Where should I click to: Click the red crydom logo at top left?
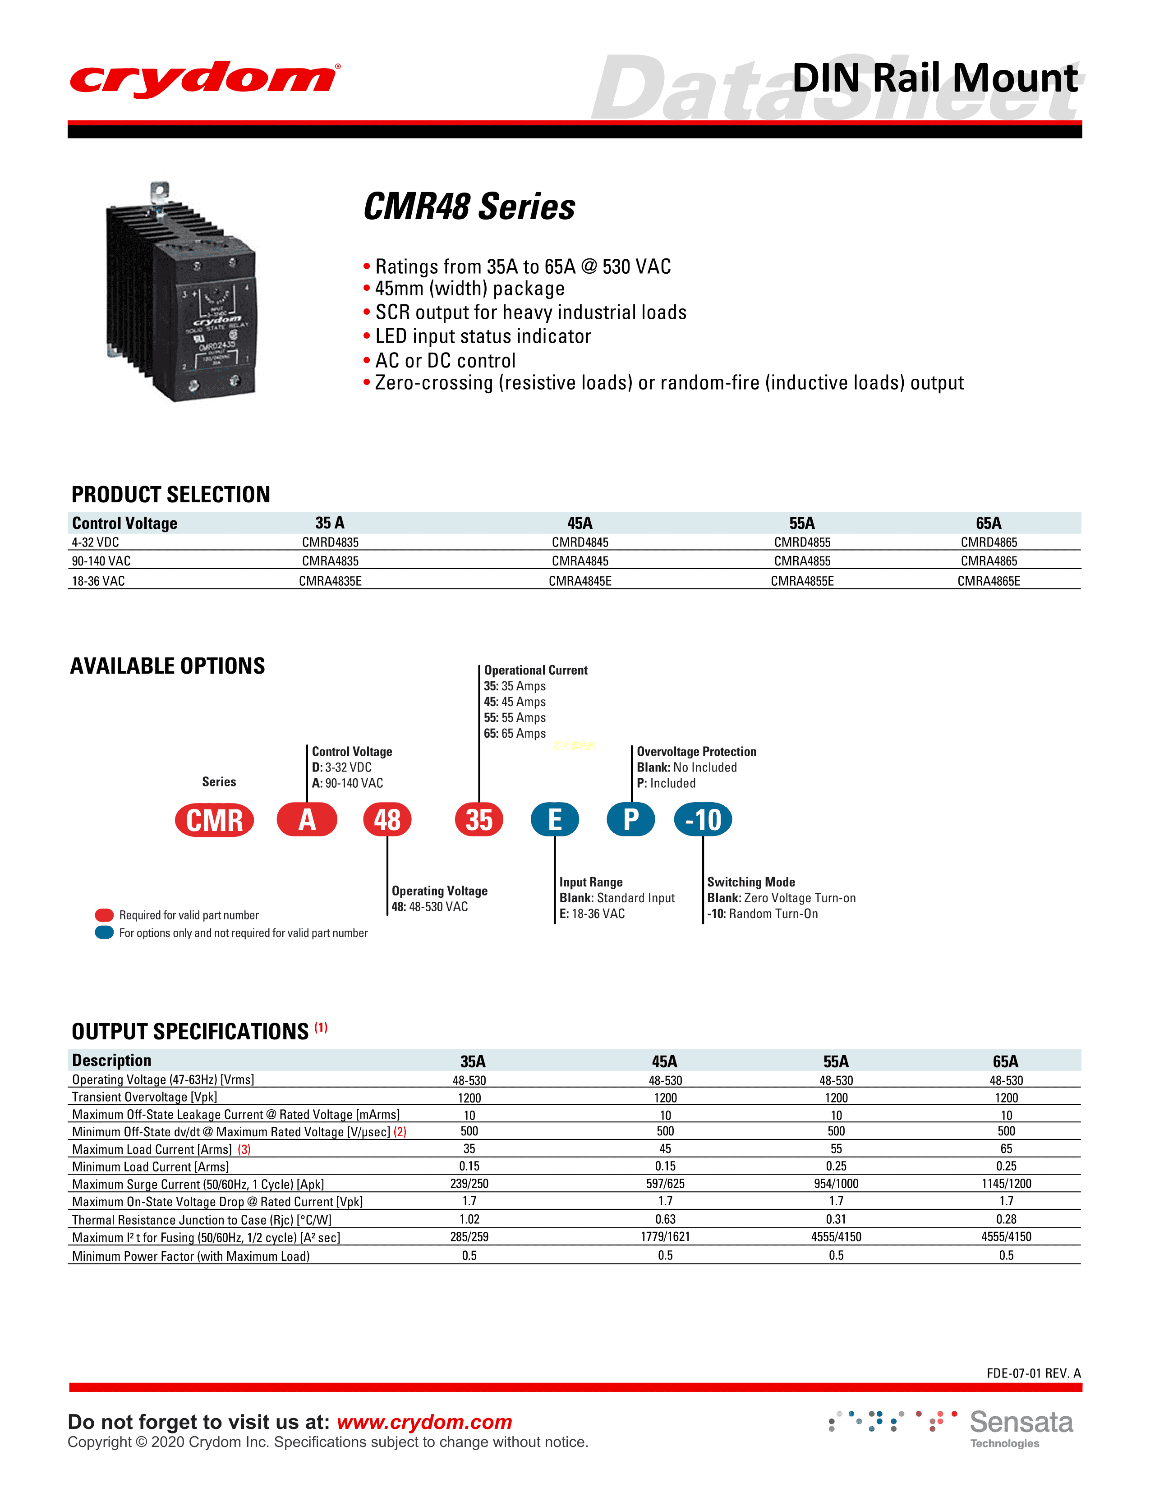click(x=204, y=79)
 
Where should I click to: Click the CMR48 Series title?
click(x=469, y=207)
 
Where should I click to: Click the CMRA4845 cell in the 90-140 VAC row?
click(x=580, y=561)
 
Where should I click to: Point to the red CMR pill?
click(x=215, y=820)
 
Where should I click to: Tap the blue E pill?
click(x=555, y=820)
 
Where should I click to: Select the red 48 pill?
click(x=387, y=820)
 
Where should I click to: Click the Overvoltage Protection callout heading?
click(x=696, y=752)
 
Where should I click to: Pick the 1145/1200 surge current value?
click(x=1006, y=1184)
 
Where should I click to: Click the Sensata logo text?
click(x=1021, y=1423)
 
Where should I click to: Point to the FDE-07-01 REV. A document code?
click(x=1033, y=1373)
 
